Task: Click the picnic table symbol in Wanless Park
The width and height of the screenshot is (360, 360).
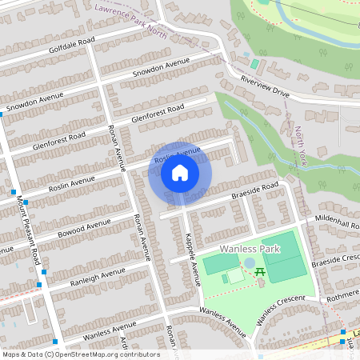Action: coord(261,273)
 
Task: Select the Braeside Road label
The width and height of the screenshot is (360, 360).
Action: coord(254,190)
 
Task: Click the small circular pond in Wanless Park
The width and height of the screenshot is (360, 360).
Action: coord(249,262)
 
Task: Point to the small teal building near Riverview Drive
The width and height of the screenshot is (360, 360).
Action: coord(254,63)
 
